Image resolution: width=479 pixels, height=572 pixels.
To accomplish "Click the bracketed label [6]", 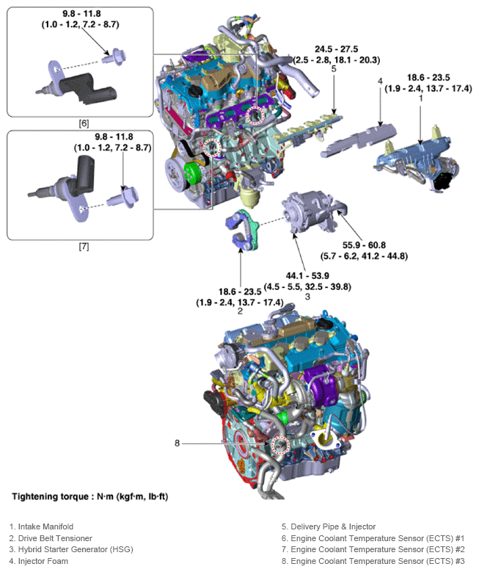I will point(84,123).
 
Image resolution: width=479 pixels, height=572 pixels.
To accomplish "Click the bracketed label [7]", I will point(84,247).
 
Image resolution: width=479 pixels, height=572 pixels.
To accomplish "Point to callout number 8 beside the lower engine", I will point(177,443).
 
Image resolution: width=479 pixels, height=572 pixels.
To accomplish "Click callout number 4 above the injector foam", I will point(380,81).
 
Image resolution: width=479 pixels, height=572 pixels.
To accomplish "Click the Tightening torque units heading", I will point(89,497).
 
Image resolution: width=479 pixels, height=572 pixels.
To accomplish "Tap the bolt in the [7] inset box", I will point(117,198).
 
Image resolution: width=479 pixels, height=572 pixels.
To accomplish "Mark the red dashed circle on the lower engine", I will point(279,444).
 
